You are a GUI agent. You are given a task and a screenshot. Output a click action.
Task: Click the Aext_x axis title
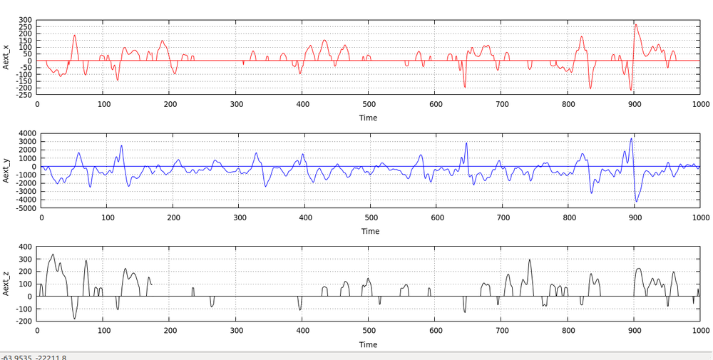coord(6,56)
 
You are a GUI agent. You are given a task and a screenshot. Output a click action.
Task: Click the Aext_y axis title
coord(6,170)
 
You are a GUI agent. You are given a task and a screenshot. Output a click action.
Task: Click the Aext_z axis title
coord(6,284)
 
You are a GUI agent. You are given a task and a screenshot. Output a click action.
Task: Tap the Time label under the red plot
coord(369,118)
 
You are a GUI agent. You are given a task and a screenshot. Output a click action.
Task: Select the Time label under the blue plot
coord(370,231)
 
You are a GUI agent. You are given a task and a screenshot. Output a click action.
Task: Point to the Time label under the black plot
coord(369,344)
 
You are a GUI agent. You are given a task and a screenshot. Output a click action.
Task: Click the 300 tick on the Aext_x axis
coord(26,20)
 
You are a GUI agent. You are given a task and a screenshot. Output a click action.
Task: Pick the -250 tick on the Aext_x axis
coord(24,95)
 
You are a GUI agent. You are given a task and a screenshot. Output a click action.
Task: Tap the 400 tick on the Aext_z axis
coord(26,247)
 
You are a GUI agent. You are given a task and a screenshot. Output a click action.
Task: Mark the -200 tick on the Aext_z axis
coord(24,322)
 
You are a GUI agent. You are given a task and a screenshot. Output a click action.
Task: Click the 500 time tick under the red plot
coord(369,104)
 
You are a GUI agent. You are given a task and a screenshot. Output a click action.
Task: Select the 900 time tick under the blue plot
coord(635,217)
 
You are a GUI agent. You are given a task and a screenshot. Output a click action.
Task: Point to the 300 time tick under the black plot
coord(236,331)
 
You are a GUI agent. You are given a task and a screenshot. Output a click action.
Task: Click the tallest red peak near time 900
coord(636,25)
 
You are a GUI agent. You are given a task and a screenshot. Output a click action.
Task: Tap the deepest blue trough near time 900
coord(636,202)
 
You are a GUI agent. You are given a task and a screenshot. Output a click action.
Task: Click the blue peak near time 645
coord(467,143)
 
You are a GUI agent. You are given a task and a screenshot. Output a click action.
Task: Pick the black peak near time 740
coord(530,259)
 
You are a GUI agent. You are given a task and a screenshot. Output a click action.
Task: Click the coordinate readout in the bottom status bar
coord(34,356)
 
